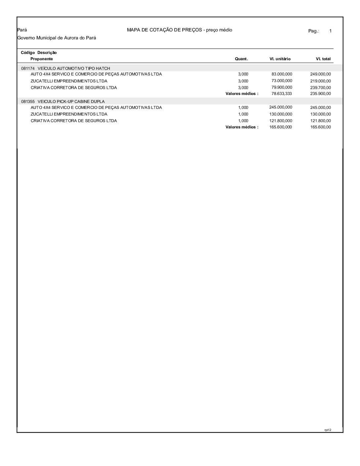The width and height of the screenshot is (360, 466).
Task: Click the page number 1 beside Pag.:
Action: (x=330, y=31)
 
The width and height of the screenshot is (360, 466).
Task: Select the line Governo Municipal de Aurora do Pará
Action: (x=57, y=38)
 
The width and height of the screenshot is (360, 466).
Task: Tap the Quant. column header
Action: (x=241, y=59)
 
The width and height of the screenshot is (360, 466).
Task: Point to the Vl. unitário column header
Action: (x=280, y=59)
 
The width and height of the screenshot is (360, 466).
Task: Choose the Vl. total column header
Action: (x=323, y=59)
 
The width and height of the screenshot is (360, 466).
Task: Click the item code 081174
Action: (x=28, y=69)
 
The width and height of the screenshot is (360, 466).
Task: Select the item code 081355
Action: (x=28, y=102)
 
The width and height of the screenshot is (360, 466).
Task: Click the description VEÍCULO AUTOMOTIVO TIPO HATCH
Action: (x=74, y=69)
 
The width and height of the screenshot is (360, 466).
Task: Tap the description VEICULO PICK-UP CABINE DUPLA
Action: (x=71, y=102)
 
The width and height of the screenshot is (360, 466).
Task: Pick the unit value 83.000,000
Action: (x=282, y=74)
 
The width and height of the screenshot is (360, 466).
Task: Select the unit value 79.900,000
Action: (x=282, y=87)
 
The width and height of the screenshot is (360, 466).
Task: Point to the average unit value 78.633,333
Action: (x=282, y=94)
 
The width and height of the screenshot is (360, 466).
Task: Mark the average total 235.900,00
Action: (x=320, y=94)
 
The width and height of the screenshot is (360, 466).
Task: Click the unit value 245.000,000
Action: (x=281, y=107)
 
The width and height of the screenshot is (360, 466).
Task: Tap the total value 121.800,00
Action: (x=320, y=121)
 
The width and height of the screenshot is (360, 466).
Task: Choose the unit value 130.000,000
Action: (x=281, y=114)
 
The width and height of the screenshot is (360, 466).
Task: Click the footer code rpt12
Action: (x=328, y=430)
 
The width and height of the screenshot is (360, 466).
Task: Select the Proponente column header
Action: (x=42, y=59)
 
